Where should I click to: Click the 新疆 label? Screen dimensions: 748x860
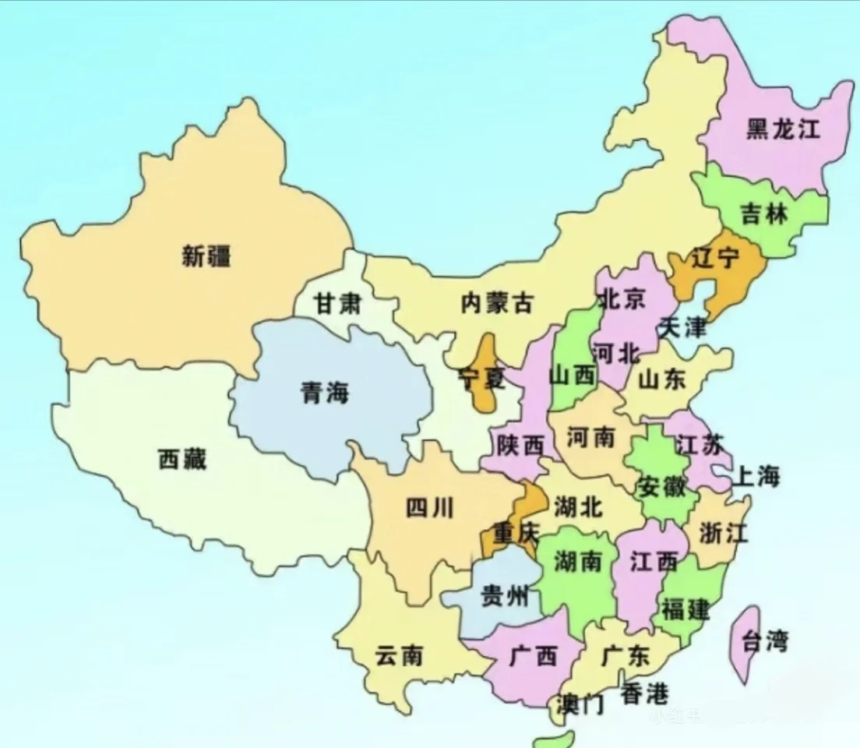pyautogui.click(x=206, y=256)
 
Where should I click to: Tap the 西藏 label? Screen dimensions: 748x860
pyautogui.click(x=182, y=459)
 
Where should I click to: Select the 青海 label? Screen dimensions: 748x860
pyautogui.click(x=325, y=393)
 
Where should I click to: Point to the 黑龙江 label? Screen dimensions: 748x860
pyautogui.click(x=783, y=129)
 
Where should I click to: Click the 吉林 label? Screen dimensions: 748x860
pyautogui.click(x=764, y=213)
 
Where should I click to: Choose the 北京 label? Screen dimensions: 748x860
pyautogui.click(x=620, y=298)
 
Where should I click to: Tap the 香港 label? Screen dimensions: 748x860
pyautogui.click(x=644, y=693)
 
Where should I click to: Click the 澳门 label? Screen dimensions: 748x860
pyautogui.click(x=581, y=704)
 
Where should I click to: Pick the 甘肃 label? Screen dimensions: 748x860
pyautogui.click(x=337, y=304)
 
